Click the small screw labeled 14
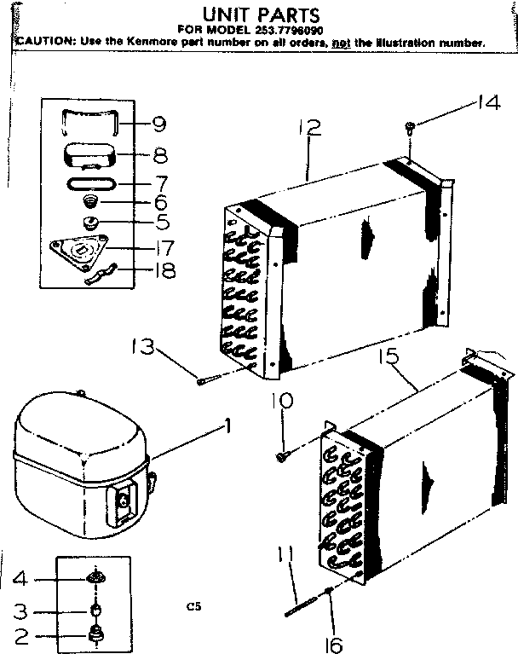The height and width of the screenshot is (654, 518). tap(411, 128)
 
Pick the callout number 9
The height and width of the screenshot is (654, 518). tap(158, 124)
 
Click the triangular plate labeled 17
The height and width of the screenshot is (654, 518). tap(82, 250)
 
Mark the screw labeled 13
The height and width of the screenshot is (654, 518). tap(204, 381)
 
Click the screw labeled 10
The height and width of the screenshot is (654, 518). tap(282, 456)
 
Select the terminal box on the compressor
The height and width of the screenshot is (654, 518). tap(124, 501)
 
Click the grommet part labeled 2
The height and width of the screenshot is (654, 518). tap(95, 634)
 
